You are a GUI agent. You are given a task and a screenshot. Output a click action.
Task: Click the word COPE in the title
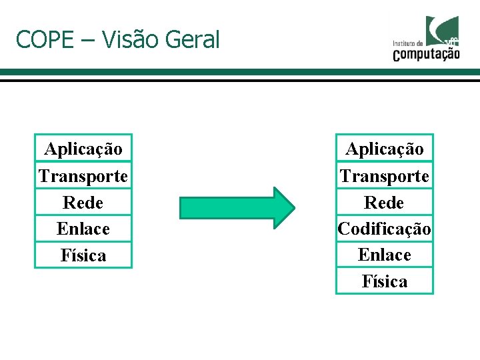click(44, 40)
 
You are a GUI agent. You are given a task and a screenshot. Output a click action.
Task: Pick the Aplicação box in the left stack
click(83, 149)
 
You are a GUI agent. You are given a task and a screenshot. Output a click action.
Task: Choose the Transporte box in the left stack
click(83, 176)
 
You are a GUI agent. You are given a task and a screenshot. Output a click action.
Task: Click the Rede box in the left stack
click(83, 202)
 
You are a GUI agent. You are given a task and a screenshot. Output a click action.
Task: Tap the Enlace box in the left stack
click(83, 229)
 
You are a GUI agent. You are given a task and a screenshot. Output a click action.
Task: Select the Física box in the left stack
click(83, 255)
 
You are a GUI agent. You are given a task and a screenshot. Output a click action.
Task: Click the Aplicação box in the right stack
click(385, 149)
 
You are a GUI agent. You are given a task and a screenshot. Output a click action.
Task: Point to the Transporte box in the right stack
click(385, 176)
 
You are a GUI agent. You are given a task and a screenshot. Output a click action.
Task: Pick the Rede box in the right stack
click(385, 202)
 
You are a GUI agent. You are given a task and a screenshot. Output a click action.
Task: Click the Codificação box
click(385, 229)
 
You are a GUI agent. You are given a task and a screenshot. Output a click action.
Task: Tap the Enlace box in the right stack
click(385, 255)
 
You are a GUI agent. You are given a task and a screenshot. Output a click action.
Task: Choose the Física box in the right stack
click(385, 281)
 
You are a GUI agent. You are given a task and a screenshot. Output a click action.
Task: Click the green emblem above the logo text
click(443, 28)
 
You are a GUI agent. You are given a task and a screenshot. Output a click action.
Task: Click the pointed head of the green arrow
click(283, 208)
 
